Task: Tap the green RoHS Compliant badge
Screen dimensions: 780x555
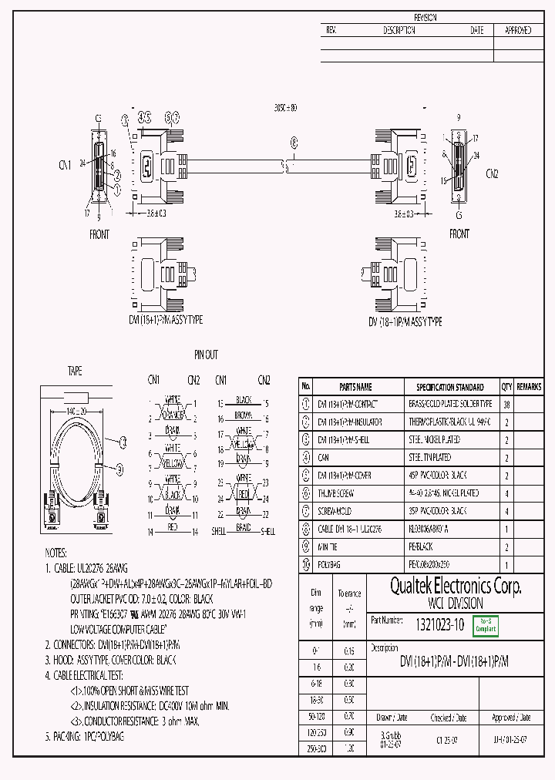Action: tap(486, 626)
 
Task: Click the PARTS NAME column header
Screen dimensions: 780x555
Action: tap(355, 387)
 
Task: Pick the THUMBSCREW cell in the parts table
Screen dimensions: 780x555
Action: tap(334, 493)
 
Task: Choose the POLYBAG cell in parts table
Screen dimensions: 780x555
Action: tap(329, 564)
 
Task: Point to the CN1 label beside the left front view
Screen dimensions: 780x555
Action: tap(65, 165)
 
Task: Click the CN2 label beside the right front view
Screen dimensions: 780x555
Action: tap(492, 174)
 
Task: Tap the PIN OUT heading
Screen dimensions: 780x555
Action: tap(206, 355)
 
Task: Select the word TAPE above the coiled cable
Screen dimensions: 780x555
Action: tap(76, 372)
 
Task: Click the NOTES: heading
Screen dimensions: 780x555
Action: tap(56, 553)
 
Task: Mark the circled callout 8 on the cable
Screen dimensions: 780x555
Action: tap(294, 142)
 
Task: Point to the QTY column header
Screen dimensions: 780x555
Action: tap(506, 387)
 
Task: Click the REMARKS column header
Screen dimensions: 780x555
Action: tap(530, 387)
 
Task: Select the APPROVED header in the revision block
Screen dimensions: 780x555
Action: tap(517, 31)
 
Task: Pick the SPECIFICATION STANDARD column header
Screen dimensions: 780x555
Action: tap(450, 387)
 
